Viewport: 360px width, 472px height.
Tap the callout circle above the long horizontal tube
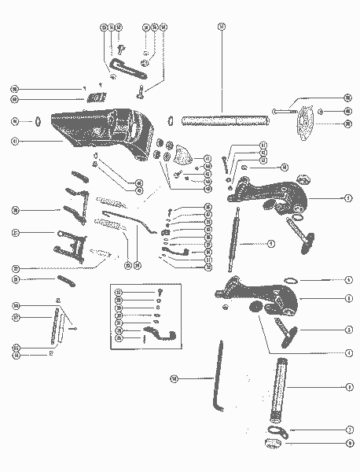[222, 26]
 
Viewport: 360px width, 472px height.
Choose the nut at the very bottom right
[275, 445]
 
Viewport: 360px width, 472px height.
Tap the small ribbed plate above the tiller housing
[97, 98]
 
